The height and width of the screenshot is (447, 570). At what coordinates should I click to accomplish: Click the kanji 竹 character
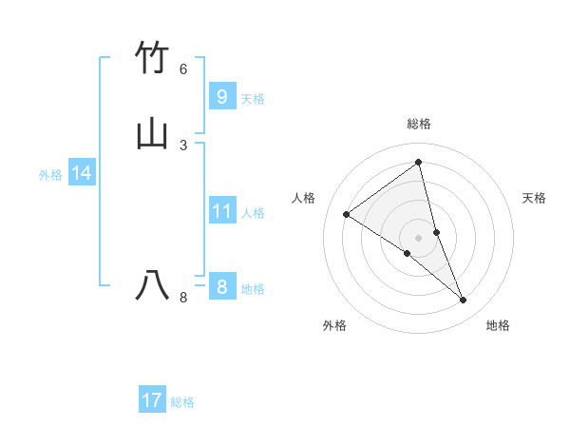(153, 57)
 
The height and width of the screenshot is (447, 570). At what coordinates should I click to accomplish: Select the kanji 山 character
(153, 133)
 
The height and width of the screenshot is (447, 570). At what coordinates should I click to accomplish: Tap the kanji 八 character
(153, 285)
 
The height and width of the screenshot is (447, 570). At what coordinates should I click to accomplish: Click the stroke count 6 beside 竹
(183, 68)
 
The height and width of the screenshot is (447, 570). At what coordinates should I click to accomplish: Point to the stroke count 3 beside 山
(183, 145)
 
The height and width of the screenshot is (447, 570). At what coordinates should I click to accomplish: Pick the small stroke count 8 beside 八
(183, 298)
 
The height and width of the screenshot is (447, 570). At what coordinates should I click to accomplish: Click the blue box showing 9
(221, 96)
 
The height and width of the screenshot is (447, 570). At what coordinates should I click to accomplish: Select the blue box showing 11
(221, 211)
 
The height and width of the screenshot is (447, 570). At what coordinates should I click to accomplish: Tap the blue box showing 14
(82, 173)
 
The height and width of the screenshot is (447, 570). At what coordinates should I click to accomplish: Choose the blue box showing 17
(152, 400)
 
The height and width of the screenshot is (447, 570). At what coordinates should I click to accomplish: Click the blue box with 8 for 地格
(221, 287)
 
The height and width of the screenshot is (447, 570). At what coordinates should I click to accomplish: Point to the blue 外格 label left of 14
(50, 175)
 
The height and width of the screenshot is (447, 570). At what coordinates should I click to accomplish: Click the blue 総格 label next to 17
(182, 402)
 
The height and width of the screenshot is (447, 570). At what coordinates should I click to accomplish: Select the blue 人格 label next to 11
(254, 213)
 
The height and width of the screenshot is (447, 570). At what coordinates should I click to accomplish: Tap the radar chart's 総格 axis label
(419, 124)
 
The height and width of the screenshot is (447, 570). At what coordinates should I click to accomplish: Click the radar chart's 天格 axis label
(535, 198)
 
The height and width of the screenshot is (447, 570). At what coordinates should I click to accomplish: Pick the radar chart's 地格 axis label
(498, 325)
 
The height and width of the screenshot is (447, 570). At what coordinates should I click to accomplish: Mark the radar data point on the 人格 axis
(346, 214)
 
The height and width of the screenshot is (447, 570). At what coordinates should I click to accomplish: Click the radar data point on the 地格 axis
(464, 301)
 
